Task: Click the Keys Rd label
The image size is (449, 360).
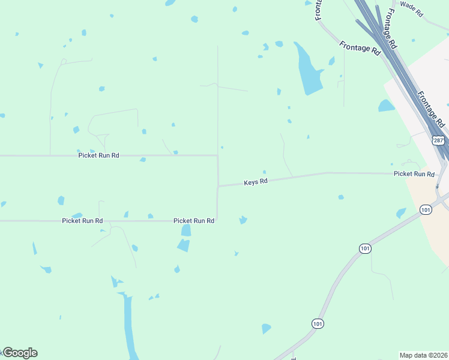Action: (255, 181)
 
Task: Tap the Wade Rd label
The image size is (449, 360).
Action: (412, 8)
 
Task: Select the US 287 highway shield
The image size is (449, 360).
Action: (438, 140)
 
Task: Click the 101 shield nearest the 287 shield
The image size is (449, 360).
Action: (426, 209)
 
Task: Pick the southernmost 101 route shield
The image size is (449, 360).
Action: (318, 323)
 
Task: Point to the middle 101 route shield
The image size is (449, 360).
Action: (365, 248)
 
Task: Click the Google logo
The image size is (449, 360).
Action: (20, 353)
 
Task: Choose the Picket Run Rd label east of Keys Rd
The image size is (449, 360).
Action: (414, 174)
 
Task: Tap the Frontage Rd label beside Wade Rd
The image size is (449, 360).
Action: (391, 29)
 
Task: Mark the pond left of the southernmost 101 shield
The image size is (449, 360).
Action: (266, 328)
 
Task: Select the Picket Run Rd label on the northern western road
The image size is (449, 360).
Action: (98, 155)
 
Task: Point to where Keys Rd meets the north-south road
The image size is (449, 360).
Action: (218, 186)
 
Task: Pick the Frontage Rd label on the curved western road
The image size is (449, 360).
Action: (360, 49)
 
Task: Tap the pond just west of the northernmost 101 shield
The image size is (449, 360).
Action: (401, 213)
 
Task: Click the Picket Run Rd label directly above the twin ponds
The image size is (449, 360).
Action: (194, 221)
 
